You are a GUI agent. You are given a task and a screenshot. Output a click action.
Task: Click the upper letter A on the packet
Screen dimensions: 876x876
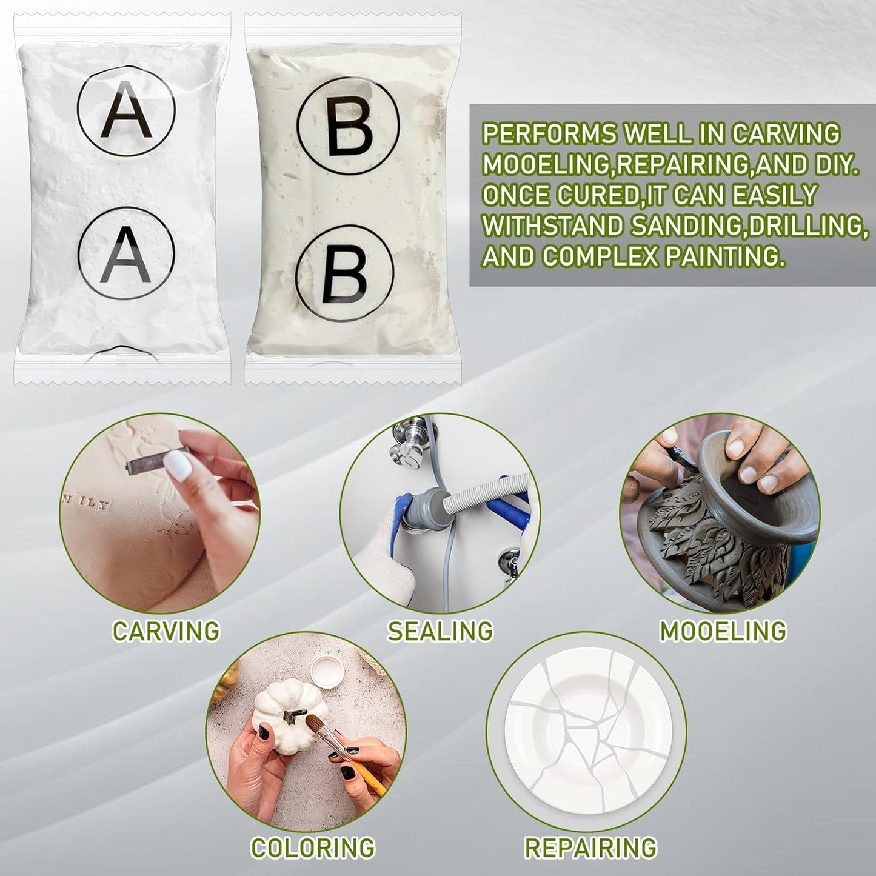click(126, 111)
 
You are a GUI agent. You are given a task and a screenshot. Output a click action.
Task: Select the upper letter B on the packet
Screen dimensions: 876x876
click(348, 126)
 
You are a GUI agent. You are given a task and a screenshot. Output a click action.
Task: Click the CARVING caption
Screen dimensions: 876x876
click(166, 631)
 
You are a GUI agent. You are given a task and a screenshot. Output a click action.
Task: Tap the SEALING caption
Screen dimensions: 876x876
click(440, 631)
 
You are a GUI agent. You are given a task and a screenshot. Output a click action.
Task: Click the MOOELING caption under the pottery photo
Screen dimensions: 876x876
click(723, 631)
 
